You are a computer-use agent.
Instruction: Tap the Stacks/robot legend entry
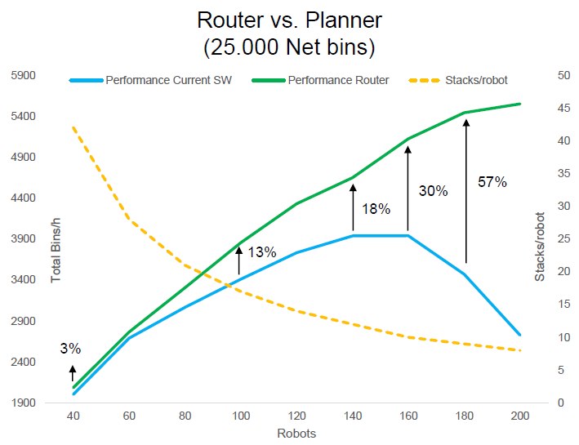tap(476, 80)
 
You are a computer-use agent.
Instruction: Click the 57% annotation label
tap(492, 182)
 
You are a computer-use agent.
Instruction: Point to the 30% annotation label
tap(433, 191)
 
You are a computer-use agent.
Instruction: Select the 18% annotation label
tap(376, 209)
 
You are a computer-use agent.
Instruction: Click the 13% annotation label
tap(261, 252)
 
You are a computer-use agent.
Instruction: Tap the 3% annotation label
tap(70, 349)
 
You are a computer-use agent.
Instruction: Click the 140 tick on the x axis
tap(353, 416)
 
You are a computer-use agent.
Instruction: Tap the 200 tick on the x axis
tap(520, 416)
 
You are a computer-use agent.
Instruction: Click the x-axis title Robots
tap(297, 434)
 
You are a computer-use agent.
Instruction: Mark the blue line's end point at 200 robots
tap(520, 335)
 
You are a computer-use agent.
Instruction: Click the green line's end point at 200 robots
tap(520, 104)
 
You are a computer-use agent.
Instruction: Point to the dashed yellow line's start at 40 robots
tap(73, 127)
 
